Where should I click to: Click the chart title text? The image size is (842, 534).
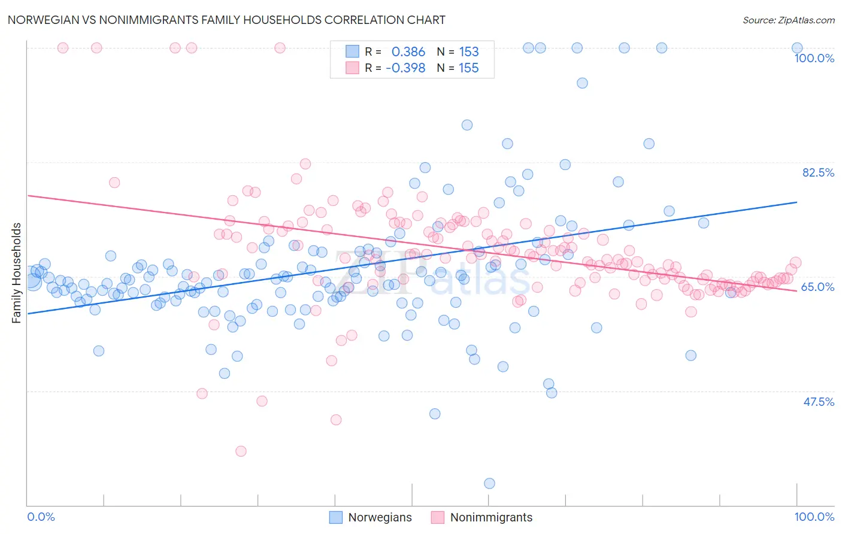(226, 20)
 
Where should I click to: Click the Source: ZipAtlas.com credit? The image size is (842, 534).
(788, 20)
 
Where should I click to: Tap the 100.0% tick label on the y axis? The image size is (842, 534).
(814, 58)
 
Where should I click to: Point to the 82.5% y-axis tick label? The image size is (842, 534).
(818, 172)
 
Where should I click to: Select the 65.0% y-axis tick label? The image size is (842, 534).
(817, 287)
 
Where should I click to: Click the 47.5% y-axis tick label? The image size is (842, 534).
(818, 402)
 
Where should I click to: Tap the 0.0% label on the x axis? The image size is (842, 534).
(41, 517)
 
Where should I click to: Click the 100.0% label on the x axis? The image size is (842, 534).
(814, 517)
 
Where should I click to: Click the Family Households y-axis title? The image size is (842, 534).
(17, 273)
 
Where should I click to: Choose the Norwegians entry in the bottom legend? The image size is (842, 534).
(380, 517)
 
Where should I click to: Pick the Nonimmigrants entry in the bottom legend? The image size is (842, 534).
(490, 517)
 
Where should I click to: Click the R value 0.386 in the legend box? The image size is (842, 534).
(408, 52)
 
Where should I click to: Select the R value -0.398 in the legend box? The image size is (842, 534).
(405, 68)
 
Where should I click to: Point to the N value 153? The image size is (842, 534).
(469, 52)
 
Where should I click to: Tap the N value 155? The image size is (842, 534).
(469, 68)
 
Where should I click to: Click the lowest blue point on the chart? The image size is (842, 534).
(489, 483)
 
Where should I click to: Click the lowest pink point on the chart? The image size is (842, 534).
(241, 451)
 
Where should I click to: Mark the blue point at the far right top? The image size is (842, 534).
(796, 48)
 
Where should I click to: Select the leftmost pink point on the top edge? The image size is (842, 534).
(63, 48)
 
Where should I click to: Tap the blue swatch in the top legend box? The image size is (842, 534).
(352, 52)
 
